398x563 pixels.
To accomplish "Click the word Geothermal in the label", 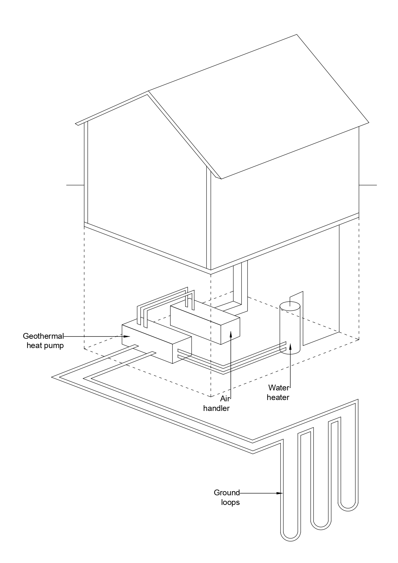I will (43, 336).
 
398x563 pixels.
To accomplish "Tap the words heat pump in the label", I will (45, 345).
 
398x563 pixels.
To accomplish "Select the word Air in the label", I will (225, 399).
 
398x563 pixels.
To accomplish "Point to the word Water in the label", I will (279, 388).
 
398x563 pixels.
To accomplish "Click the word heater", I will (278, 397).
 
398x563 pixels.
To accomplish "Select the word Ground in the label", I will (227, 492).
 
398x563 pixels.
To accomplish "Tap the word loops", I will (230, 502).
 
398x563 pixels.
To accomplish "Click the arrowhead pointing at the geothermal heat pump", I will (127, 337).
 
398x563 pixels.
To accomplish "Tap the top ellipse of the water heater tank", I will (290, 306).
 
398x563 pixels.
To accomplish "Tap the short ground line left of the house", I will (75, 185).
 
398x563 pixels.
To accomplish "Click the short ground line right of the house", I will (368, 185).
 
